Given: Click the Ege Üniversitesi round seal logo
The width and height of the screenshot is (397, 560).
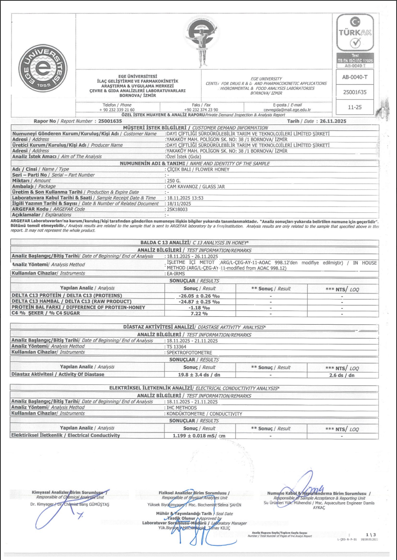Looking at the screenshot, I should [43, 68].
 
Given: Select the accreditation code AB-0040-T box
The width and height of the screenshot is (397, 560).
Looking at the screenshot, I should [355, 77].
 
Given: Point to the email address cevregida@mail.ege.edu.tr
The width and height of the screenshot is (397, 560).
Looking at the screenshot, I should [287, 110].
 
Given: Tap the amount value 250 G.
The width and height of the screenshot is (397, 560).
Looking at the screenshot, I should [174, 181].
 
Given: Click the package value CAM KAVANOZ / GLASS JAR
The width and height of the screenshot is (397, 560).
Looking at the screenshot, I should [196, 187].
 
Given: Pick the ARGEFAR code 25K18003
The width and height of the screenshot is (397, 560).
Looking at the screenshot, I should [177, 209].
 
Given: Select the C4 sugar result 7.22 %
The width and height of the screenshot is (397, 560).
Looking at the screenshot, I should [199, 314].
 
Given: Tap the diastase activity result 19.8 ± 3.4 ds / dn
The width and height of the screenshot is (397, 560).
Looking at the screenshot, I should [199, 375].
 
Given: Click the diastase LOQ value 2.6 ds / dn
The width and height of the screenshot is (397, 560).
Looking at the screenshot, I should [342, 375].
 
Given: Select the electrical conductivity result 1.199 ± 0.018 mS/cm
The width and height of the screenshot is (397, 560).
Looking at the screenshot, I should [199, 436].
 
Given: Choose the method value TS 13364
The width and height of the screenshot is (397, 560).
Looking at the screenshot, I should [177, 347].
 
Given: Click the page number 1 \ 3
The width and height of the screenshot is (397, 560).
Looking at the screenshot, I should [371, 535].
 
